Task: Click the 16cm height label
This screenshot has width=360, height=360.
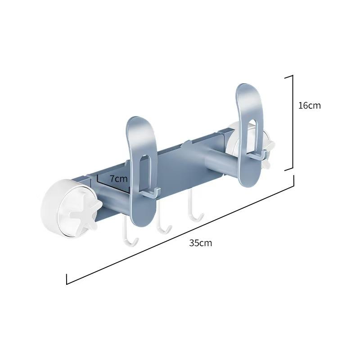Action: coord(309,105)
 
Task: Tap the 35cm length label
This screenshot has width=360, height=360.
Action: coord(200,243)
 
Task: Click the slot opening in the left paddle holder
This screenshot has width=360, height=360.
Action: coord(144,173)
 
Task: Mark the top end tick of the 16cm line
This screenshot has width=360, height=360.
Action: coord(289,76)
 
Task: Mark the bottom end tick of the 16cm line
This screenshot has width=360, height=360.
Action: coord(289,170)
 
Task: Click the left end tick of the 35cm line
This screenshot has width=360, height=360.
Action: coord(67,279)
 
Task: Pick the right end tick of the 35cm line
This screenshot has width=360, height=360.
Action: coord(294,180)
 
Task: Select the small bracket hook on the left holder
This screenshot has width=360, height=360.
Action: coord(151,193)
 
